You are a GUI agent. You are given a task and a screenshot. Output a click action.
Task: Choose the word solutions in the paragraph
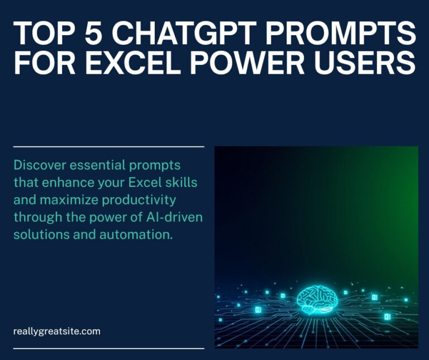37,234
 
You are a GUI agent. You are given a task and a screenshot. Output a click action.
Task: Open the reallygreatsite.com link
56,331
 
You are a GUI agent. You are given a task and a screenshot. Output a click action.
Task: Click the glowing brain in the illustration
317,301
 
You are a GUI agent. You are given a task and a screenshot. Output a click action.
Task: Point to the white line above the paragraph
108,146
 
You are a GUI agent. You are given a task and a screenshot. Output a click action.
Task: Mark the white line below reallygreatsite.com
108,348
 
